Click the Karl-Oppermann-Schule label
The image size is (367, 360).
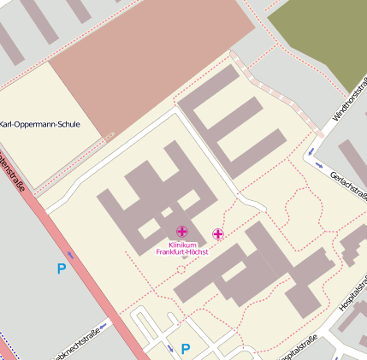[x=39, y=124]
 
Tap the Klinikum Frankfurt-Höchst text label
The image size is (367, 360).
[x=182, y=249]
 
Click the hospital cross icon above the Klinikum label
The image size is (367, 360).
[x=181, y=232]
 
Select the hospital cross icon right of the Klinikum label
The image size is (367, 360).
[x=217, y=233]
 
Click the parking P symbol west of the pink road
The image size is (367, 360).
[x=61, y=269]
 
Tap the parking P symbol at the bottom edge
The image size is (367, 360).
[x=185, y=349]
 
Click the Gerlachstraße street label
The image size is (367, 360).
[x=346, y=186]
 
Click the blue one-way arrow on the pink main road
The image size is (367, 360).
[x=70, y=255]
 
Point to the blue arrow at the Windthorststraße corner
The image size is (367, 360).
[x=318, y=163]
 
